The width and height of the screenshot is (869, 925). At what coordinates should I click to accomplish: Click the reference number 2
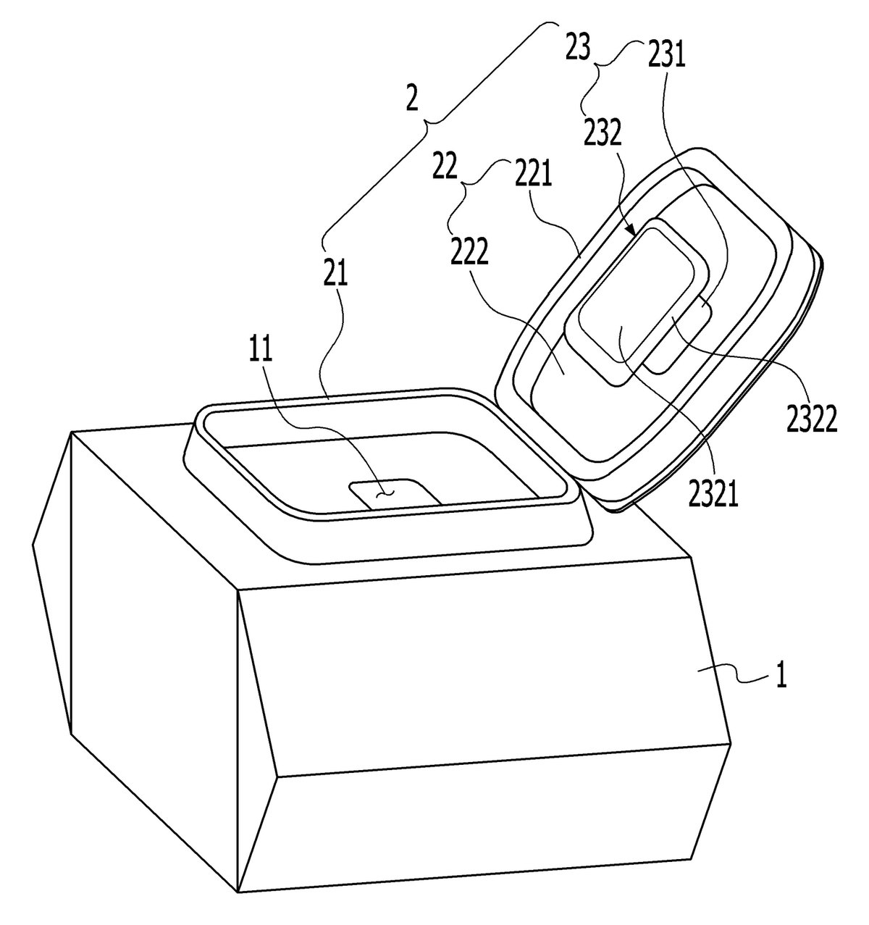(411, 96)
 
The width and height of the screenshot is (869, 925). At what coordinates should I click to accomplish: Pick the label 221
(534, 172)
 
